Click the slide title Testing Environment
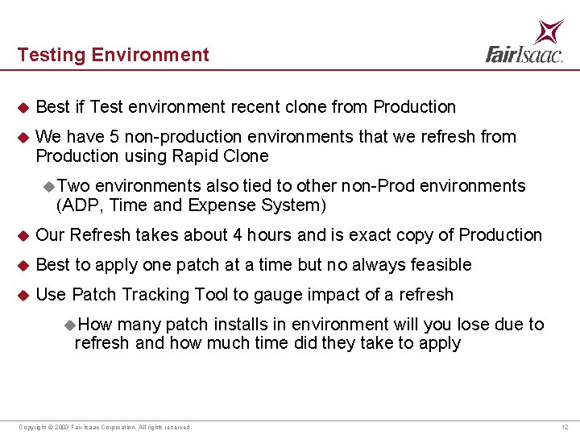113,55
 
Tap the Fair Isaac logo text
524,54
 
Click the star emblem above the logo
550,31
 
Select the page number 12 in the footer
565,427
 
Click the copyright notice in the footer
105,427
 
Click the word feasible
441,265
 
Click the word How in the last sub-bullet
96,325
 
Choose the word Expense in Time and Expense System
217,205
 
